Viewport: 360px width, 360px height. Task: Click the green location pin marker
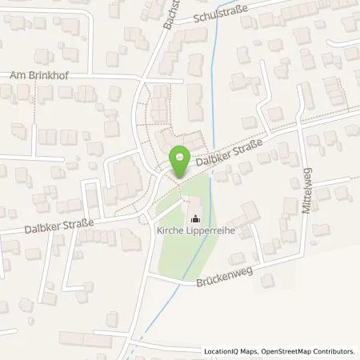click(182, 163)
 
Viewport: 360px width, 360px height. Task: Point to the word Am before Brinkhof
click(15, 76)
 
